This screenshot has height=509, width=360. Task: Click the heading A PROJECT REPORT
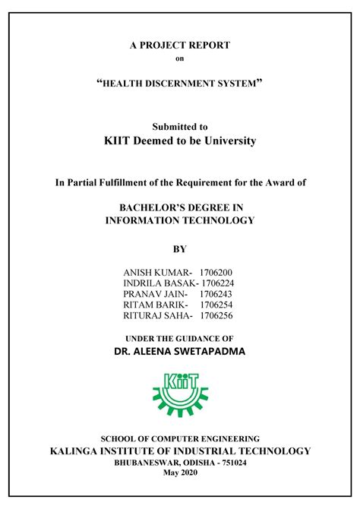coord(180,46)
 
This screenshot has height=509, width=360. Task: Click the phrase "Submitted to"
coord(180,127)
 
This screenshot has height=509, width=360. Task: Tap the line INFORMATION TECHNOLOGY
coord(180,220)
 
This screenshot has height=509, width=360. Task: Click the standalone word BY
coord(180,248)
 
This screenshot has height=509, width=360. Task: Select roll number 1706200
coord(216,272)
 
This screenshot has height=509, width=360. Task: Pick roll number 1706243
coord(216,293)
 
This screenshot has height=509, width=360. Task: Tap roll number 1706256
coord(216,315)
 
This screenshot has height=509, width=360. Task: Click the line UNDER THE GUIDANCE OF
coord(180,337)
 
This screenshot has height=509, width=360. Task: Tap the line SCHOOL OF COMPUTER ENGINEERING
coord(180,439)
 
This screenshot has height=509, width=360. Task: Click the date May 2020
coord(180,473)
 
